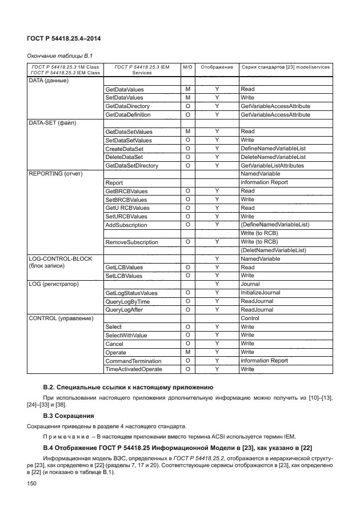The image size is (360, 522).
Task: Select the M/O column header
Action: coord(187,67)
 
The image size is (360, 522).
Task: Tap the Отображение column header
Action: coord(217,67)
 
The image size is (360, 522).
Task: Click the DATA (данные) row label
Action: coord(49,81)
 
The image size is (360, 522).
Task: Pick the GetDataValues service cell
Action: coord(125,90)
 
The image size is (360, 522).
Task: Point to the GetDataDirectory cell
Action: coord(127,106)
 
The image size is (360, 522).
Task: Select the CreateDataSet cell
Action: coord(124,149)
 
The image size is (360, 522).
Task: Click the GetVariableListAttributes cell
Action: coord(272,166)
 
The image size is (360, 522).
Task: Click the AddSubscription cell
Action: coord(126,225)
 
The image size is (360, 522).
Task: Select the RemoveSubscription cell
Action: coord(131,242)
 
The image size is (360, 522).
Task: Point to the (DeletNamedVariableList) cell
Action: coord(274,250)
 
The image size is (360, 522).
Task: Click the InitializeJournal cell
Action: coord(260,293)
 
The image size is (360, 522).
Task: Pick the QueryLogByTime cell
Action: coord(127,301)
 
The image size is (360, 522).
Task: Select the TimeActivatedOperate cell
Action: coord(134,370)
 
